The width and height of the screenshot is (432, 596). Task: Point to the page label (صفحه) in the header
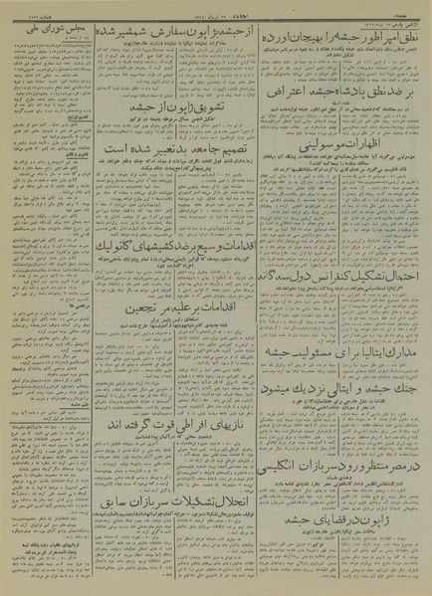click(414, 6)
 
